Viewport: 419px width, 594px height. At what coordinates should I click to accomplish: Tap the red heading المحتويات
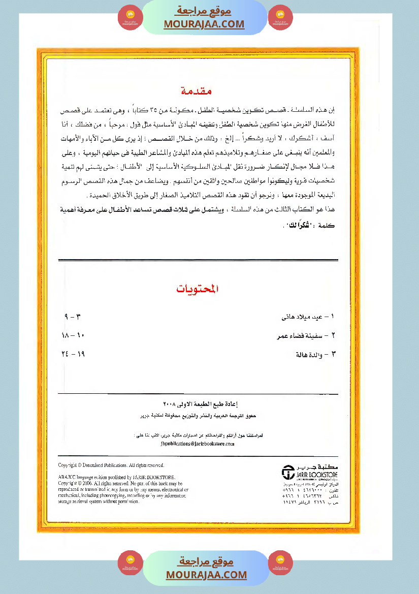[198, 289]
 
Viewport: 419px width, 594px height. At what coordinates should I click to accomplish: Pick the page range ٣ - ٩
[73, 317]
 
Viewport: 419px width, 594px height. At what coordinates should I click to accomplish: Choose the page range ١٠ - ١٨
[72, 336]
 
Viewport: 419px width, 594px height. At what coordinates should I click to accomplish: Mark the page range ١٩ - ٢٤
[72, 355]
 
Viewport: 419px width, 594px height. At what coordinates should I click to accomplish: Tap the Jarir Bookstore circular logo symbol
[288, 473]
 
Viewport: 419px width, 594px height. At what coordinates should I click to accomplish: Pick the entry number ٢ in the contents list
[333, 336]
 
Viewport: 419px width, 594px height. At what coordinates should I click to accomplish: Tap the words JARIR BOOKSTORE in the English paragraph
[155, 477]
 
